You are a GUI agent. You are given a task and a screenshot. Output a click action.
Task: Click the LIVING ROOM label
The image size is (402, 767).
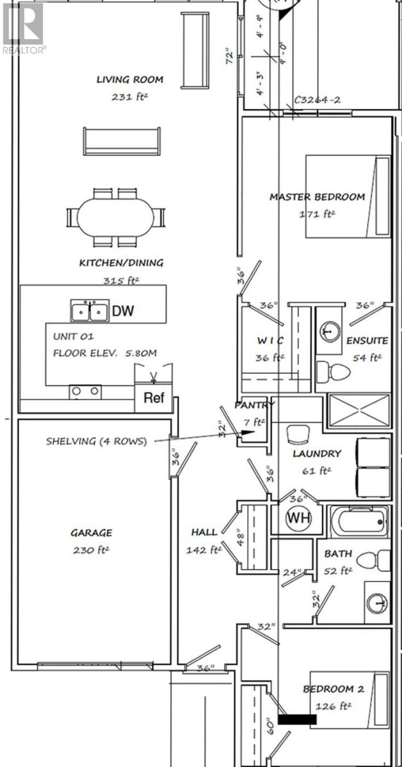coord(130,80)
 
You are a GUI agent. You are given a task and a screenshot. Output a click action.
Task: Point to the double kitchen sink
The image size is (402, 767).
coord(90,312)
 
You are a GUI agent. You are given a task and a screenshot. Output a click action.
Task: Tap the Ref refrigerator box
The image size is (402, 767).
coord(154,398)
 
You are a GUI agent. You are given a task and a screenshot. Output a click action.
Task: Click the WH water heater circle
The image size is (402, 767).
coord(298,518)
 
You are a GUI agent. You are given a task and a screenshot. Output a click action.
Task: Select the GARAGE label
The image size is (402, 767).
coord(92,532)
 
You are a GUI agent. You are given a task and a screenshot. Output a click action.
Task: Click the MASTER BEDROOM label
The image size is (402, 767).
coord(317,197)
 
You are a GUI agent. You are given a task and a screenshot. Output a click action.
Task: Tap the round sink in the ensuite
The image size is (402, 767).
coord(330,331)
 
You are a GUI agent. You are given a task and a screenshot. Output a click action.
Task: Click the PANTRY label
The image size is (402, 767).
coord(254,405)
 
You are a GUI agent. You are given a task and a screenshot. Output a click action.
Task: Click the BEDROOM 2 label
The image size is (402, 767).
coord(334,689)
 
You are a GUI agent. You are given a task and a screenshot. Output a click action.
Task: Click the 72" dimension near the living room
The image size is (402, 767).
coord(227,60)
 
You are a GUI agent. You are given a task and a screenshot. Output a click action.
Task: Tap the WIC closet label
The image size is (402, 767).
coord(269,340)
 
